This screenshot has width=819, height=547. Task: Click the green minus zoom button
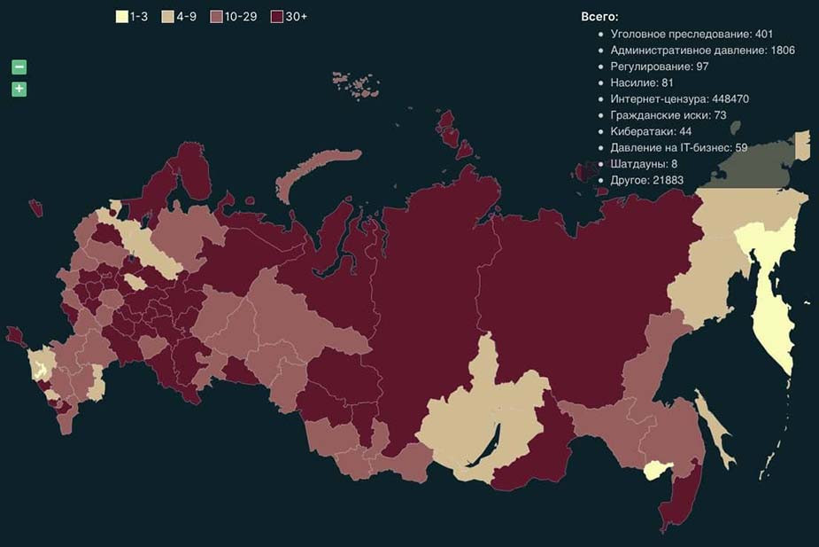click(19, 67)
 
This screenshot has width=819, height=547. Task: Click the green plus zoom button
click(19, 89)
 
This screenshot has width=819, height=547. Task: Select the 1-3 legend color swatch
click(122, 17)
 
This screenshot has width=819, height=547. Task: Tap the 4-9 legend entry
click(180, 17)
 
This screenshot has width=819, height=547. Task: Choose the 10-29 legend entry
click(234, 17)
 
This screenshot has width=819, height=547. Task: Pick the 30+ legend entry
click(289, 17)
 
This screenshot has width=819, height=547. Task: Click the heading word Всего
click(599, 17)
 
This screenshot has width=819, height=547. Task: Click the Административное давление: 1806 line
click(702, 51)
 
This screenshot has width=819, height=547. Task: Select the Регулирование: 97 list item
click(660, 66)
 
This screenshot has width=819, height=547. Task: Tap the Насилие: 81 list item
click(642, 82)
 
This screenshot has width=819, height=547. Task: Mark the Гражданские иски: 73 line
click(668, 115)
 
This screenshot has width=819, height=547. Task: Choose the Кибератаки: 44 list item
click(651, 131)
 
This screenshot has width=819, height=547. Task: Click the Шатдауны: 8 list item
click(644, 164)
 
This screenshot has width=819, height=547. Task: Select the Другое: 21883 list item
click(646, 180)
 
